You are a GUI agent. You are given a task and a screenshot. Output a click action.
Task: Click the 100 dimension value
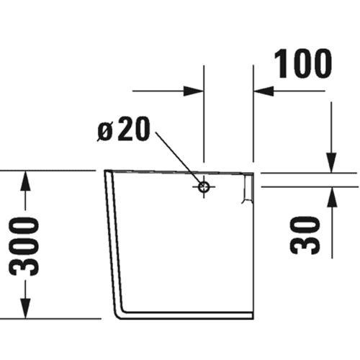303,63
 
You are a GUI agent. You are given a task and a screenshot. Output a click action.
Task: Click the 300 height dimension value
24,246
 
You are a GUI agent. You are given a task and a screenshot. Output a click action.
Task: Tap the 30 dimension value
305,235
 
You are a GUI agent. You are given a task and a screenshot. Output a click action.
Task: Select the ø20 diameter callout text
124,128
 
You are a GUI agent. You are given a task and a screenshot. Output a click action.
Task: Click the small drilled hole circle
204,186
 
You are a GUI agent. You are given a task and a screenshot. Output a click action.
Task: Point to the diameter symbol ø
104,132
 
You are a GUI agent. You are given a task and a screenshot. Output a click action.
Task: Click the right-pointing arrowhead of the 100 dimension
194,91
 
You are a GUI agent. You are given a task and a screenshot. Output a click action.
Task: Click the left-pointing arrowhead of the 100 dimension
264,91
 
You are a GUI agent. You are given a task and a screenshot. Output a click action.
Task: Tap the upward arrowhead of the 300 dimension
25,181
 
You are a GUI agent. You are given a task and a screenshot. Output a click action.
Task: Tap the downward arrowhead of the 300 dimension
25,309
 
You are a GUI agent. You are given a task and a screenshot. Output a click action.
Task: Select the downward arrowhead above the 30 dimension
331,163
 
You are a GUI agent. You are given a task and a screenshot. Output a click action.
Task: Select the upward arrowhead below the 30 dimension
332,197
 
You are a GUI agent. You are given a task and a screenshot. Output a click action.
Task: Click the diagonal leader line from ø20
179,158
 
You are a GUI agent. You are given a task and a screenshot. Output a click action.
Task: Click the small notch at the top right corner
248,188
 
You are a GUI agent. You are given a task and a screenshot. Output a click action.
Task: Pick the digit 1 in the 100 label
279,63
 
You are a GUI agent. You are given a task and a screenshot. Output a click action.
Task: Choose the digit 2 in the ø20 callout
125,128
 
